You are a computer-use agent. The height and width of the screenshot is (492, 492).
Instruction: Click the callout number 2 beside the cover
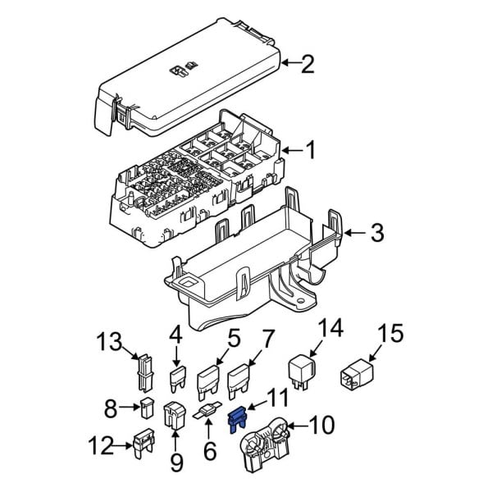click(307, 65)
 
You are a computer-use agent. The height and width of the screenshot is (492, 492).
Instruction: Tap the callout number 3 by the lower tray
click(376, 235)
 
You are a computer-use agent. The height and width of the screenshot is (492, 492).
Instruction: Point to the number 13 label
click(109, 341)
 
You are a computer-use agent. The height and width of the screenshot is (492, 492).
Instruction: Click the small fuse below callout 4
click(176, 380)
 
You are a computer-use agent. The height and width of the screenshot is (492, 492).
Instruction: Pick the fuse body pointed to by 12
click(144, 446)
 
